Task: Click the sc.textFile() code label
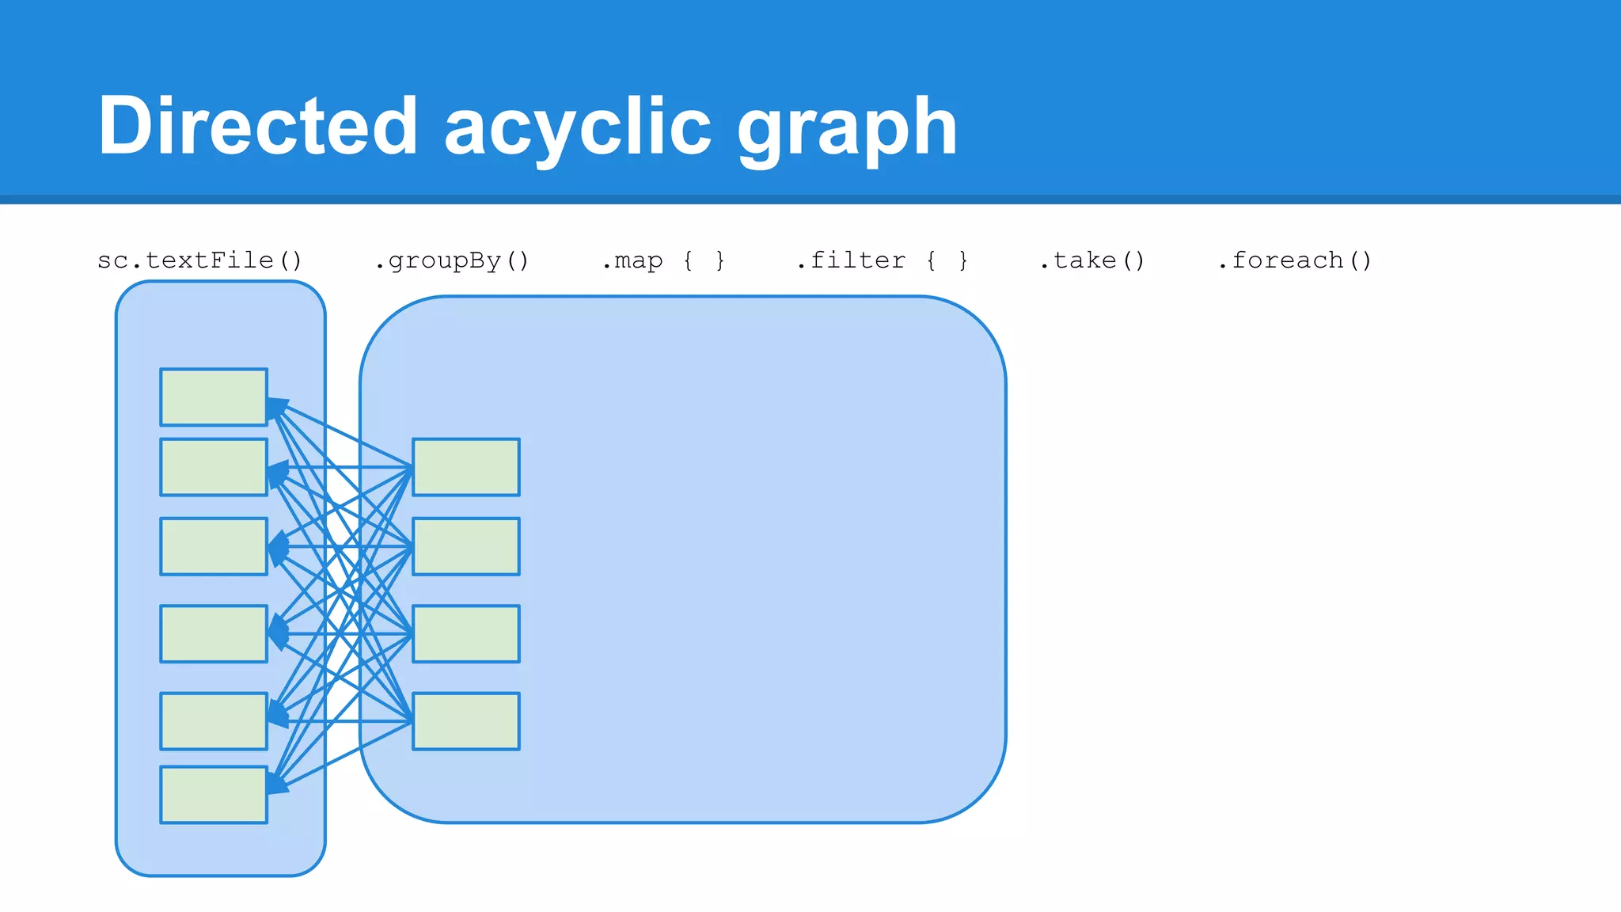(199, 260)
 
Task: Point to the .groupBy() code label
(452, 260)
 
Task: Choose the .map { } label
(663, 260)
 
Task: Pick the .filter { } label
(882, 260)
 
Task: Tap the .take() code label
(1092, 260)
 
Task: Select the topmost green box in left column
(214, 397)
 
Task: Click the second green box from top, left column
(214, 467)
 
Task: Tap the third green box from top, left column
(214, 546)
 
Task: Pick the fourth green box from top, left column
(214, 633)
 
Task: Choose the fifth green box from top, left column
(214, 721)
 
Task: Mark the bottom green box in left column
(214, 794)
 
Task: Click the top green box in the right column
(466, 467)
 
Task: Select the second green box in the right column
(466, 546)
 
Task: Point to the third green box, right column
(466, 633)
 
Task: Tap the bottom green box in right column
(466, 721)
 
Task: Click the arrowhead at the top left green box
(276, 408)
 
